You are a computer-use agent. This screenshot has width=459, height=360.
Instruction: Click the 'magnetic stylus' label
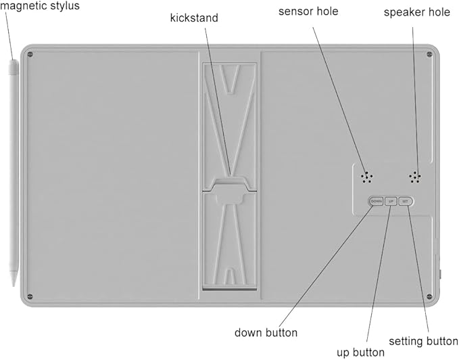coord(39,6)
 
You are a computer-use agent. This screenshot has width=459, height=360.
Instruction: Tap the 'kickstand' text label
coord(194,18)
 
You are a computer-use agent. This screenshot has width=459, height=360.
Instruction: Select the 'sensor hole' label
coord(308,12)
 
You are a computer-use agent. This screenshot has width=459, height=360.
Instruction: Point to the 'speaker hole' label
coord(417,12)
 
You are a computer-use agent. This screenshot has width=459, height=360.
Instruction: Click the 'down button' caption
coord(266,332)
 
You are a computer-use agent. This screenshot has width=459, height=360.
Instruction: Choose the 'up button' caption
coord(360,353)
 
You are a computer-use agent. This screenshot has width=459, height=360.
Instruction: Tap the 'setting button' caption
coord(423,341)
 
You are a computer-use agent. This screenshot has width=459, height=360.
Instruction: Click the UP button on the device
coord(391,201)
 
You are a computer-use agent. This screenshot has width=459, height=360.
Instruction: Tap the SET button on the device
coord(406,201)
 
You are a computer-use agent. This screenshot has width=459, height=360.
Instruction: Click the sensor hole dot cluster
coord(366,177)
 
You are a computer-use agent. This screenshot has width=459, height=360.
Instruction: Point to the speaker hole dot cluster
coord(415,177)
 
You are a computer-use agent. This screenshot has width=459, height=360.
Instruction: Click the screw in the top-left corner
coord(30,55)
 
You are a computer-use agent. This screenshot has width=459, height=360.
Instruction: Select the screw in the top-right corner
coord(429,54)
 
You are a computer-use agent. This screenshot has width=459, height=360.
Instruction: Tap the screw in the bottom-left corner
coord(30,296)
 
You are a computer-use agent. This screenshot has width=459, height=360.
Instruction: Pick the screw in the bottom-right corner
coord(429,296)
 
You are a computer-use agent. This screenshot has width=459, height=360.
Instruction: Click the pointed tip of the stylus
coord(14,286)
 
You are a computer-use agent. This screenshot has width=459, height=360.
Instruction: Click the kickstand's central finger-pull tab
coord(230,194)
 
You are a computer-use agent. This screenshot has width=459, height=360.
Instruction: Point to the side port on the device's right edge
coord(440,274)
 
